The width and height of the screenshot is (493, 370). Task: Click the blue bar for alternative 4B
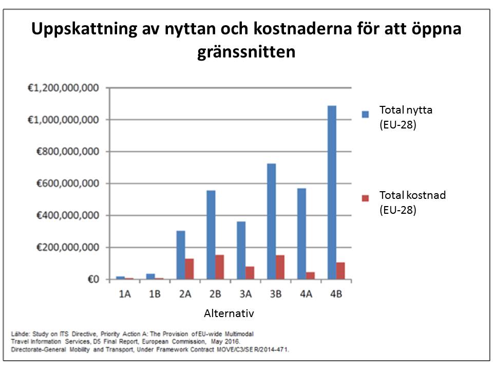point(332,193)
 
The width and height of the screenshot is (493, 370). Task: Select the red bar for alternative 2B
point(220,267)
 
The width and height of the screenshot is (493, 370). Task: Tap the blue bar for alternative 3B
point(271,221)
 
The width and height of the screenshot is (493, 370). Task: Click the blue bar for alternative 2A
point(180,255)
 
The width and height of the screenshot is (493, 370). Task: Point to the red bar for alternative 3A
point(250,273)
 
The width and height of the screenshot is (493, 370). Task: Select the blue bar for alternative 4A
point(301,234)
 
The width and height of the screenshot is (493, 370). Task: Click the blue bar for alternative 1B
point(150,276)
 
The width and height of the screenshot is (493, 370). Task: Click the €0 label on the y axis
point(92,280)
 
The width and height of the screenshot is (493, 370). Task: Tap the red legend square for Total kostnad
point(365,198)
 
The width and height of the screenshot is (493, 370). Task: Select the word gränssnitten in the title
point(246,52)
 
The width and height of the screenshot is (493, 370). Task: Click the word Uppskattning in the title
point(82,29)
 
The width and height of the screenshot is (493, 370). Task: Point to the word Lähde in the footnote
point(20,335)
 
